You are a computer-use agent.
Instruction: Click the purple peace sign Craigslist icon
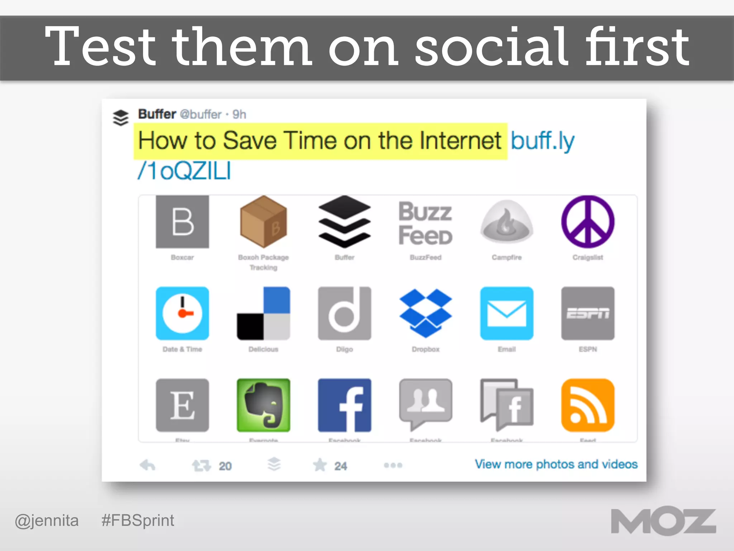(x=588, y=222)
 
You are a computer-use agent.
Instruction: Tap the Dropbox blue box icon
(x=425, y=313)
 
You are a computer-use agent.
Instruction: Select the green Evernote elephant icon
(x=263, y=405)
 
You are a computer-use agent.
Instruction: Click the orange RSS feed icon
(x=588, y=405)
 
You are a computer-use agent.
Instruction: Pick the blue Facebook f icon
(x=344, y=405)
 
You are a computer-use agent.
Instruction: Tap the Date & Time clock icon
(x=182, y=313)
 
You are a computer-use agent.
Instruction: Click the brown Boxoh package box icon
(x=263, y=222)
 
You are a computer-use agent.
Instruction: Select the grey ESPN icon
(x=588, y=313)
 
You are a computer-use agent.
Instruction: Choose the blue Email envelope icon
(x=507, y=313)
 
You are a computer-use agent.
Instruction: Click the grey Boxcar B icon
(x=182, y=222)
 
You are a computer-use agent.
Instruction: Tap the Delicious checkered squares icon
(x=263, y=313)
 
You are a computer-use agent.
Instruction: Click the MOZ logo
(x=663, y=522)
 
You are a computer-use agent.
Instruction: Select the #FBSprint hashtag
(x=138, y=521)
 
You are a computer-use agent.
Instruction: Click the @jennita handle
(x=47, y=521)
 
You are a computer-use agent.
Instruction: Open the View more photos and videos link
(x=556, y=464)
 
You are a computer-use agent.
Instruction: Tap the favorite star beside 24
(x=320, y=465)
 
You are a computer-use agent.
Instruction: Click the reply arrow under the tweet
(x=147, y=465)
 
